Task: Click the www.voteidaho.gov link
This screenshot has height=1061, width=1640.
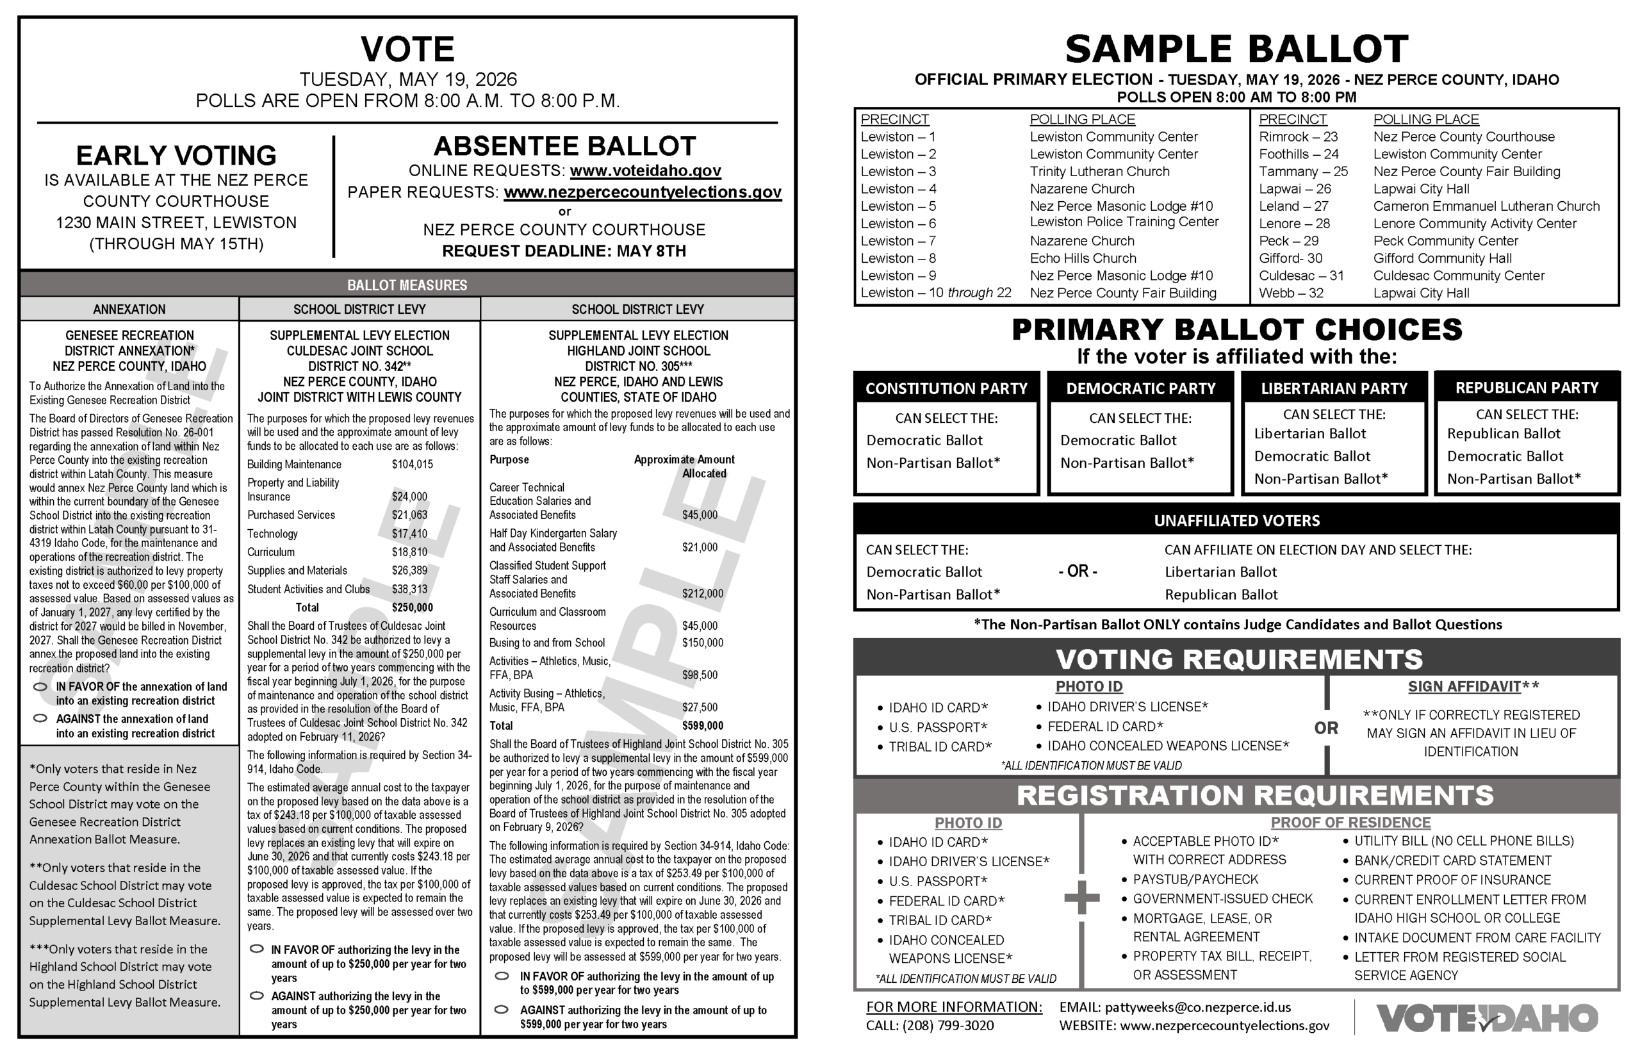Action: click(644, 171)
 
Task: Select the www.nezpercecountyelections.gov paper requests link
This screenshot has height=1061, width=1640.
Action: click(642, 192)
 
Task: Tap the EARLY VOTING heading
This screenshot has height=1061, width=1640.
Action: click(176, 156)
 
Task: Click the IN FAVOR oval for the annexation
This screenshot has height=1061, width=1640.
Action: click(40, 687)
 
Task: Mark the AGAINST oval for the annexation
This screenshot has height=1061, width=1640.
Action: click(40, 719)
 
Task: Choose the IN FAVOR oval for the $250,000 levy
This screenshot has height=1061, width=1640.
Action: click(257, 950)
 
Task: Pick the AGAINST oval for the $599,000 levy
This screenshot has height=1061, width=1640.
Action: click(502, 1010)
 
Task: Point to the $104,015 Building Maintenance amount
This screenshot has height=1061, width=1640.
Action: click(412, 465)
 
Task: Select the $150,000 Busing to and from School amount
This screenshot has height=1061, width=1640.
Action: click(703, 643)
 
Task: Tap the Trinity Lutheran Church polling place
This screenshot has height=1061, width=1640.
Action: click(1099, 172)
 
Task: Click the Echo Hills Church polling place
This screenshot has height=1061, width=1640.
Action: click(1083, 258)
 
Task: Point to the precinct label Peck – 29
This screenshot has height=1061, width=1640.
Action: click(1288, 241)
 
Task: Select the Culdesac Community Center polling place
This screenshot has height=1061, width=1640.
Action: click(1458, 276)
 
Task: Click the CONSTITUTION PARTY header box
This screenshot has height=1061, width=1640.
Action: click(946, 388)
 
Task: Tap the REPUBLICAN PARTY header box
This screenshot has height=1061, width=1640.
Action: click(1527, 388)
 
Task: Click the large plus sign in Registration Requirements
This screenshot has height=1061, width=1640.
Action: click(1081, 898)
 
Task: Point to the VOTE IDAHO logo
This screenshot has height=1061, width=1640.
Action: click(1486, 1018)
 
